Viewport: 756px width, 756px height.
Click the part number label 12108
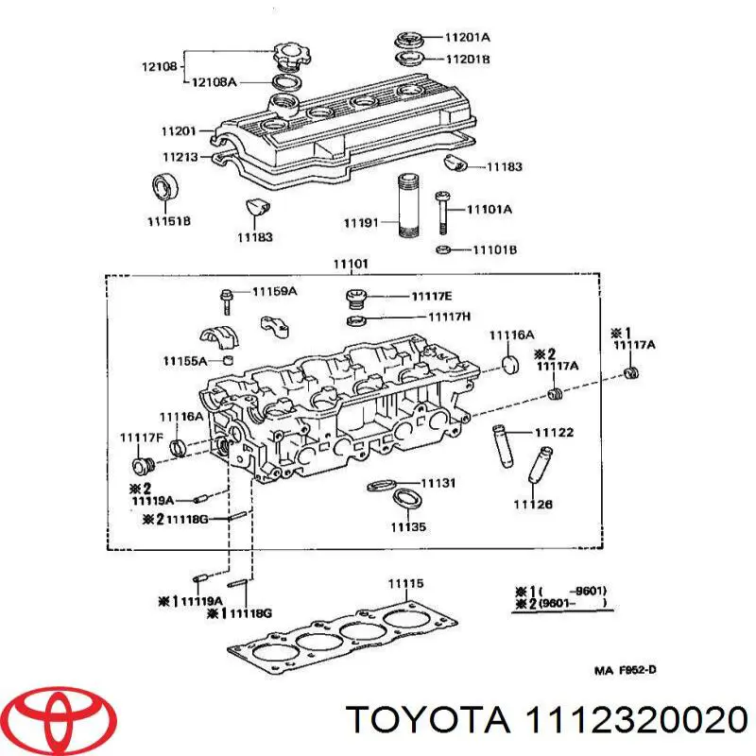158,68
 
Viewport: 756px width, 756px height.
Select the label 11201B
467,59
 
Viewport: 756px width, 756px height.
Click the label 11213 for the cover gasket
179,157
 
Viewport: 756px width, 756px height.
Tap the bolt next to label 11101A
441,213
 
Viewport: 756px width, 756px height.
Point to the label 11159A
274,292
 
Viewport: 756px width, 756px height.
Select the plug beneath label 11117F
146,464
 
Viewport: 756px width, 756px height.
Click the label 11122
554,433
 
